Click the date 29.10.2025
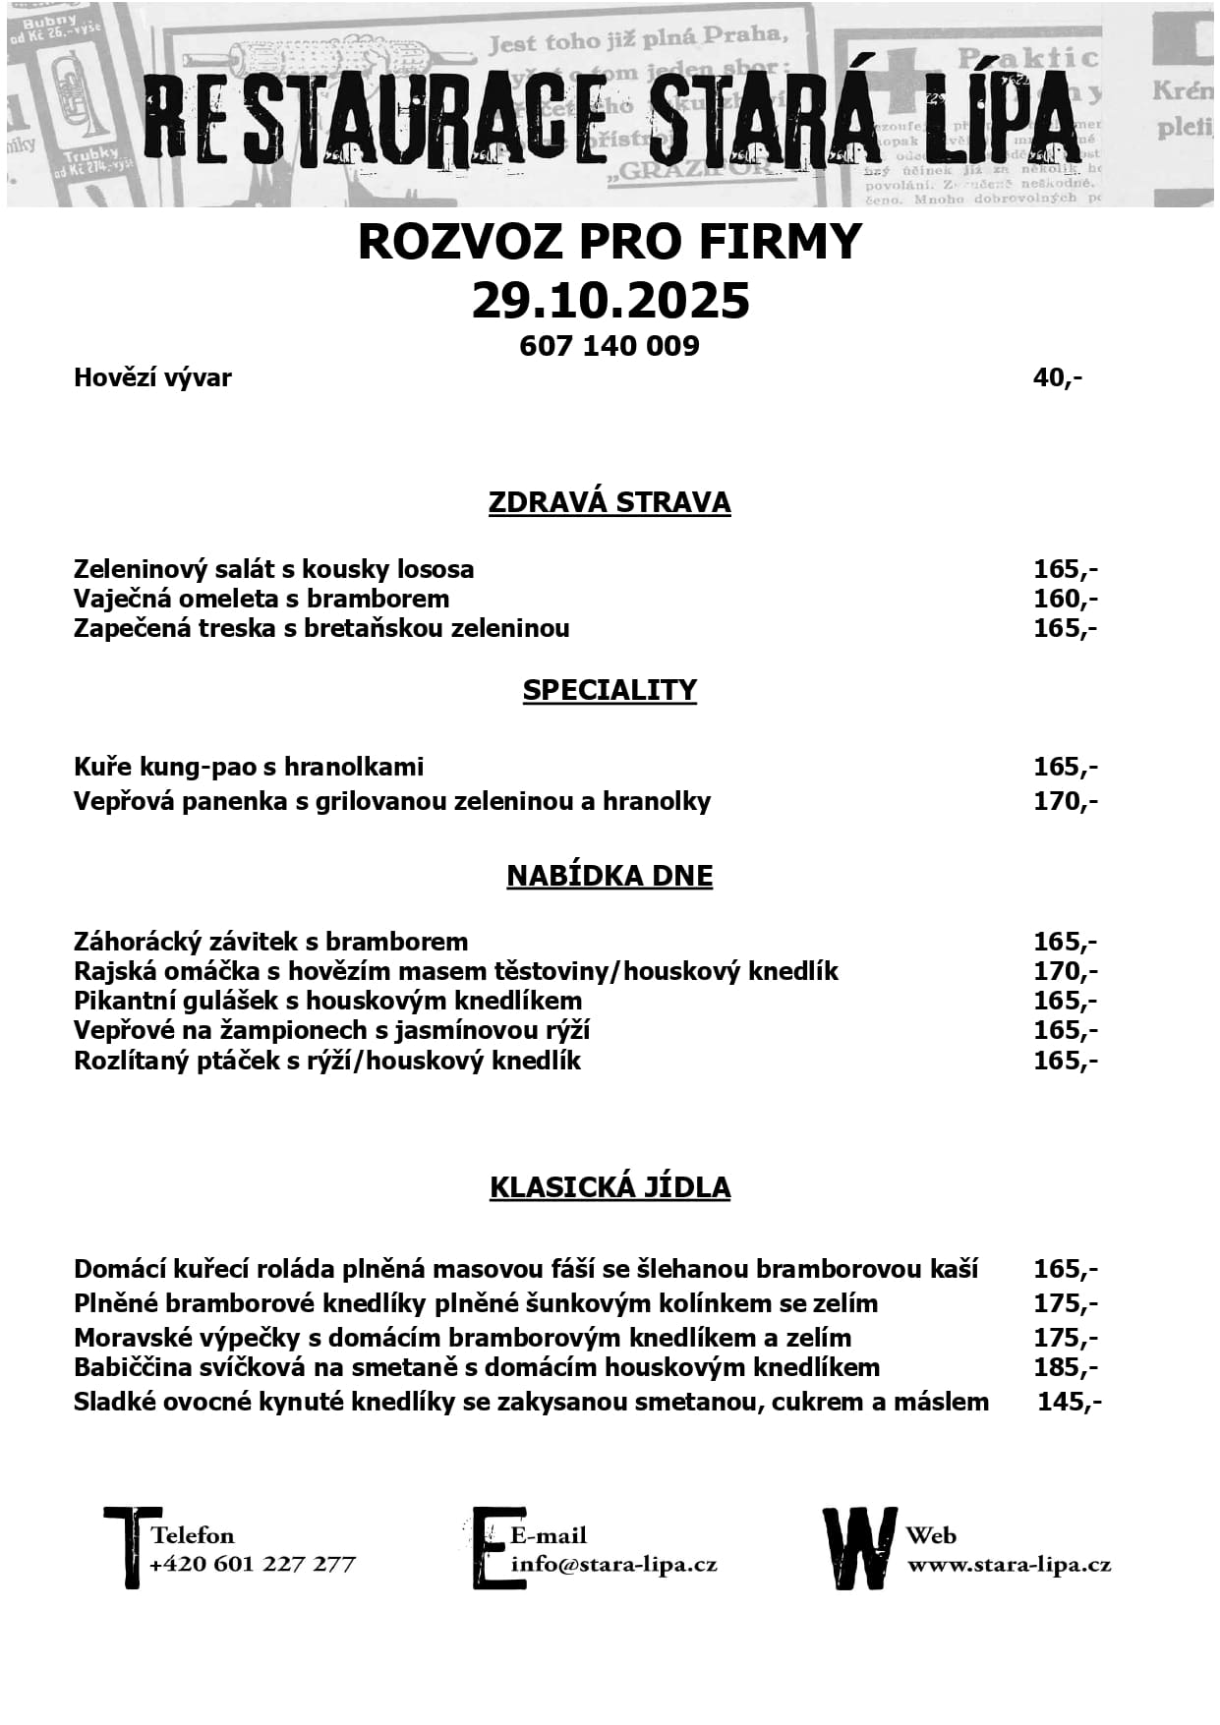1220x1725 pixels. point(610,301)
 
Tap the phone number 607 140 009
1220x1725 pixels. point(610,346)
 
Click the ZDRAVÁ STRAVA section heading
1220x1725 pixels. point(610,502)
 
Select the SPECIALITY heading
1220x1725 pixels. point(610,690)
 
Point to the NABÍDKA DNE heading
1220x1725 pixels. point(610,876)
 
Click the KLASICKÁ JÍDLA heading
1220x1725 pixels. point(610,1187)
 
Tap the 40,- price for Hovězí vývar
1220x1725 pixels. point(1058,377)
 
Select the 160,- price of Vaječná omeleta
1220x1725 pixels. point(1065,599)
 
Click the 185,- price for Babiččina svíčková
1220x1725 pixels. point(1065,1367)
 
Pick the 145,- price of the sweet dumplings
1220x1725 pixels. point(1069,1402)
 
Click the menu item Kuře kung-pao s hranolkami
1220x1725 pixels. point(249,767)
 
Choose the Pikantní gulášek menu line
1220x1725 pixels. point(327,1001)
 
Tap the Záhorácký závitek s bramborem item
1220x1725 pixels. point(270,942)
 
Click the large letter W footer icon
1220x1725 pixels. point(859,1548)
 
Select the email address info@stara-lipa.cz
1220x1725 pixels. point(614,1564)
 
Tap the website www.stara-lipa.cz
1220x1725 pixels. point(1009,1564)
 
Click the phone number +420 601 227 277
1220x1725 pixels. point(253,1564)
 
